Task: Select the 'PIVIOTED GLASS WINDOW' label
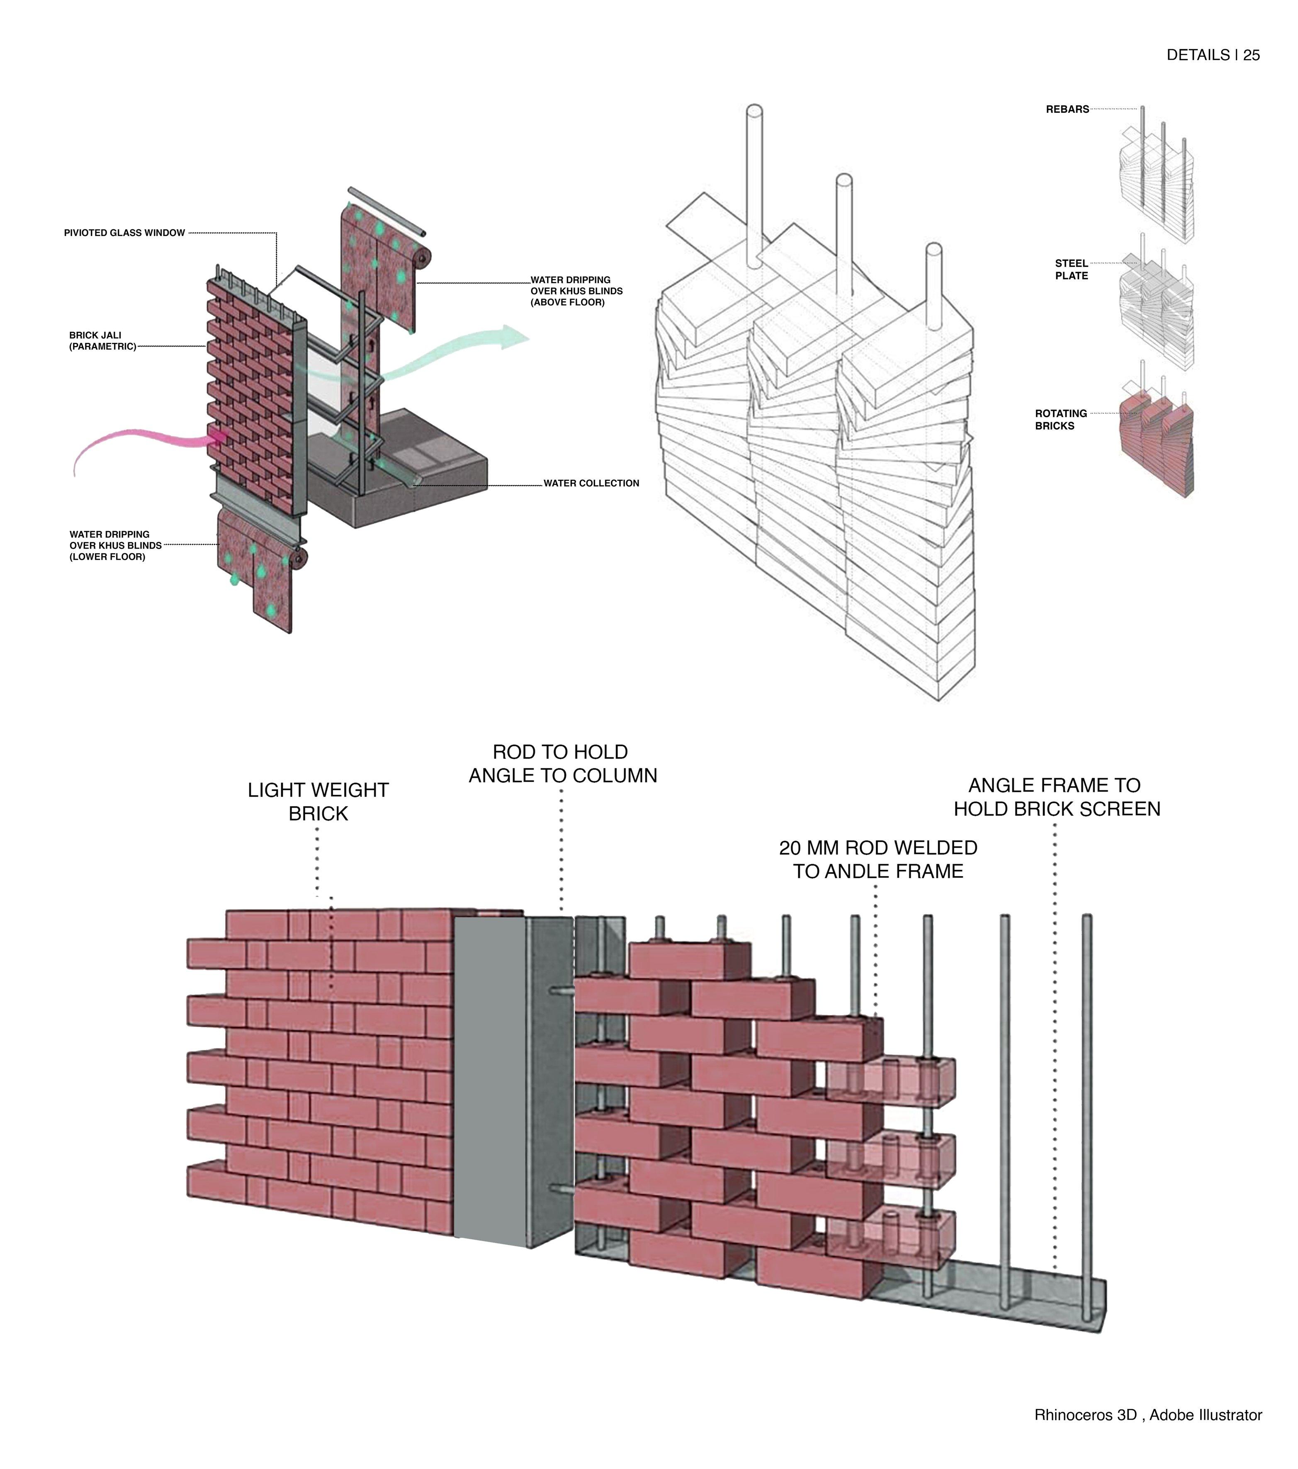(x=124, y=233)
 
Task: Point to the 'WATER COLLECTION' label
(x=591, y=483)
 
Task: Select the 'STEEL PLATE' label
(x=1071, y=270)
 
